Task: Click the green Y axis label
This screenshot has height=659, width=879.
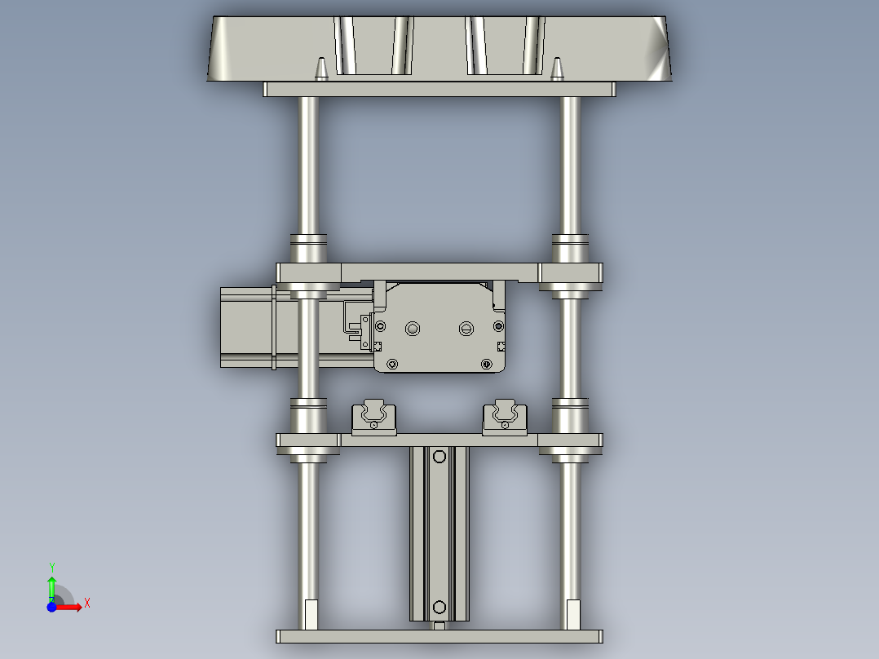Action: (x=52, y=567)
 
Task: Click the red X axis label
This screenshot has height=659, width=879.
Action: (x=87, y=604)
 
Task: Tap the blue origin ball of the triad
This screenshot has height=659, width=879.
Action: (x=51, y=607)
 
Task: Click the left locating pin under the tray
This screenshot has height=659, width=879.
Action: (x=321, y=69)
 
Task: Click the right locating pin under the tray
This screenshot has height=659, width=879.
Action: (x=557, y=69)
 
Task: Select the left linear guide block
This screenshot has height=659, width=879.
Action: (x=374, y=418)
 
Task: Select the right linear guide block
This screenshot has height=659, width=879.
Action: (x=505, y=418)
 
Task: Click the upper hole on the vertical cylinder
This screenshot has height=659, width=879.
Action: (x=439, y=457)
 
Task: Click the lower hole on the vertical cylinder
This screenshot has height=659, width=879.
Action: (x=439, y=607)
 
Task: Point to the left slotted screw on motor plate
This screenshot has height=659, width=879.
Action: (x=413, y=329)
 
